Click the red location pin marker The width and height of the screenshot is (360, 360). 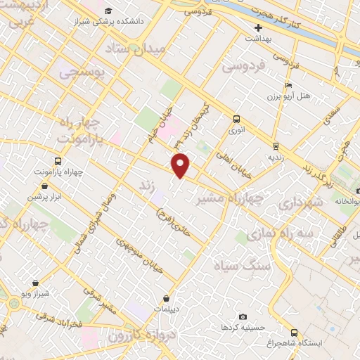(181, 165)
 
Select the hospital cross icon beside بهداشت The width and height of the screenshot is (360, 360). (259, 27)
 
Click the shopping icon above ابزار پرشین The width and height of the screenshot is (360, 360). (46, 186)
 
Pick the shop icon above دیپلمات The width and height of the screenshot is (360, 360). (166, 298)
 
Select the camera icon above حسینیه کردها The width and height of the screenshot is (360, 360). (243, 317)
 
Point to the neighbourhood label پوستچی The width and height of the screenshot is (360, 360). (82, 71)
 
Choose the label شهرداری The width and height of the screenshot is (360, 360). (299, 204)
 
